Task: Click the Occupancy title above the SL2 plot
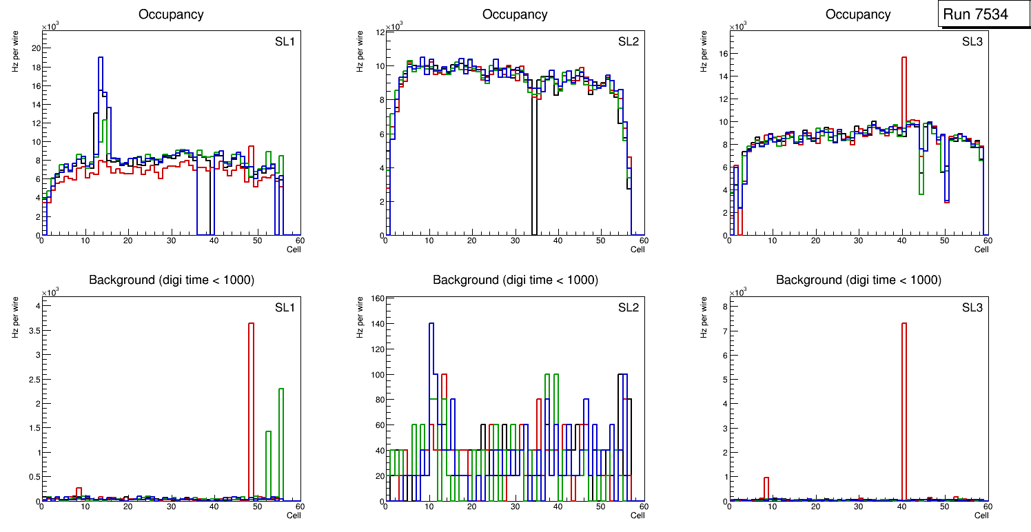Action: pyautogui.click(x=515, y=14)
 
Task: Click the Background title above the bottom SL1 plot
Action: pyautogui.click(x=172, y=280)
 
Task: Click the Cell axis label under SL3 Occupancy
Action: pyautogui.click(x=981, y=249)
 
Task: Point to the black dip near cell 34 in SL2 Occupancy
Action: pyautogui.click(x=533, y=172)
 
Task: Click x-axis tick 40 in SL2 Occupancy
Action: pyautogui.click(x=558, y=241)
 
